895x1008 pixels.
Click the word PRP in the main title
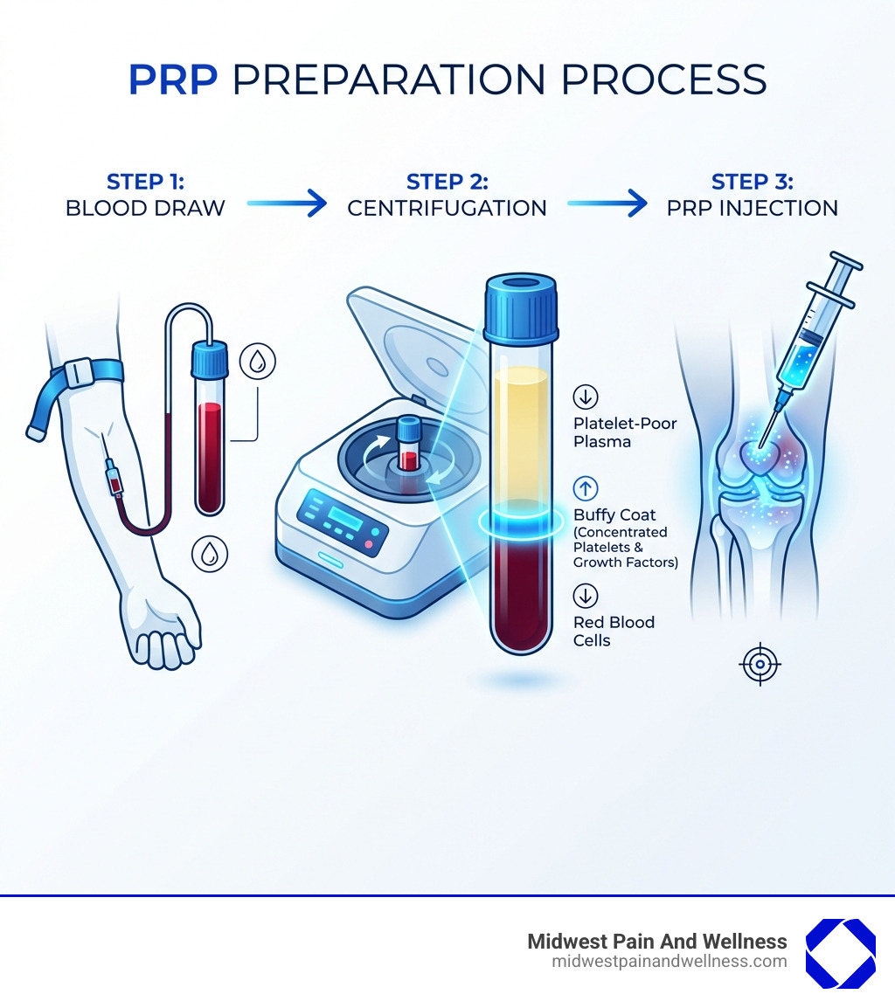tap(174, 79)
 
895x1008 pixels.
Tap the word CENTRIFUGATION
tap(447, 209)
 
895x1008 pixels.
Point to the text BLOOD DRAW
tap(145, 209)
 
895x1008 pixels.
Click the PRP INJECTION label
tap(752, 209)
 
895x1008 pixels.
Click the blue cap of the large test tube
tap(521, 307)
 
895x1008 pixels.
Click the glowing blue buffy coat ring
tap(522, 521)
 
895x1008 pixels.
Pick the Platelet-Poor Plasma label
tap(625, 432)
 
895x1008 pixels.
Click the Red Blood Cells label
tap(614, 631)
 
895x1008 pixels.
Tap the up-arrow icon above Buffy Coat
tap(585, 488)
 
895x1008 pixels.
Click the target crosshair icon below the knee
tap(760, 665)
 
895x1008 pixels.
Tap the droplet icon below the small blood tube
tap(210, 554)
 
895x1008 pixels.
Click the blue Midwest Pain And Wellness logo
tap(839, 953)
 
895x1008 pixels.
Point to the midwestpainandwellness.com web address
tap(670, 962)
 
